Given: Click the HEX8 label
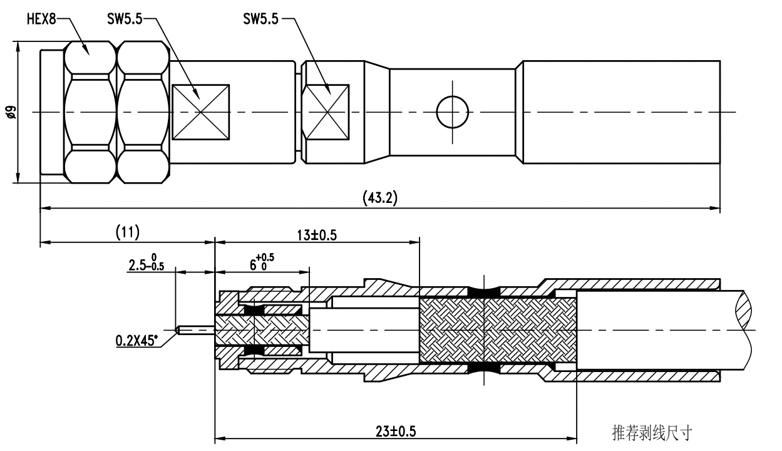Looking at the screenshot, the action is point(41,19).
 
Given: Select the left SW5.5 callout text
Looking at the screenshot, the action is point(125,19).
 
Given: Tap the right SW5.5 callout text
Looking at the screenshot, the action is point(261,19).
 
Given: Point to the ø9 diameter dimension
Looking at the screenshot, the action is point(11,112).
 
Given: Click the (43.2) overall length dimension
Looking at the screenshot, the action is point(380,198).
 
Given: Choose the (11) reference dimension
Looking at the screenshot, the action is point(128,232).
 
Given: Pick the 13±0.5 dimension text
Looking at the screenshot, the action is point(317,235).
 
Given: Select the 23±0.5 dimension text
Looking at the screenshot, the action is point(396,432).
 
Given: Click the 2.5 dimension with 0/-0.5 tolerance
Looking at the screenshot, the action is point(147,262).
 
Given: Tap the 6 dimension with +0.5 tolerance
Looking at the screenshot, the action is point(262,262).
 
